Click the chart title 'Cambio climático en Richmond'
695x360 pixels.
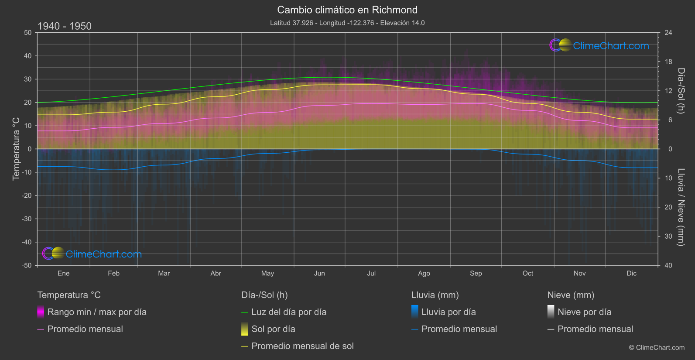pos(347,10)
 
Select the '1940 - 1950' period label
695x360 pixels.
pos(65,26)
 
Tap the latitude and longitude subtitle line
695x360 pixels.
pos(347,23)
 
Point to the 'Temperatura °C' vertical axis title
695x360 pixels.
pos(16,149)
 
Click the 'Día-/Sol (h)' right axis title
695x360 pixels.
pos(681,91)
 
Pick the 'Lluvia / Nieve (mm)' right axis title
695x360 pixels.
pos(681,207)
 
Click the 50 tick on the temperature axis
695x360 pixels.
pos(28,33)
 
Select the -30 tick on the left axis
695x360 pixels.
pos(27,219)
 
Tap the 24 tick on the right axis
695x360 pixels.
pos(668,33)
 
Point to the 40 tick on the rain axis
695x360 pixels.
pos(668,265)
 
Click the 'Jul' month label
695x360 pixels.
pos(371,273)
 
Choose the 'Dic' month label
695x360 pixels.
pos(631,273)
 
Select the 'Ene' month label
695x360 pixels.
pos(64,273)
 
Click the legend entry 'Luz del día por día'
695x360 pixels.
pos(289,312)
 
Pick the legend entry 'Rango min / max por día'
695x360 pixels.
pos(97,312)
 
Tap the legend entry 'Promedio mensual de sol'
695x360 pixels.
pos(302,346)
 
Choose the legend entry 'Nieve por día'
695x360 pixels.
pos(584,312)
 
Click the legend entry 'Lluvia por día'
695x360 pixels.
pos(448,312)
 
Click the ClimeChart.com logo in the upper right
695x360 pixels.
pos(599,45)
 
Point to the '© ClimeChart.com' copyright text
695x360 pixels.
pos(657,347)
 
